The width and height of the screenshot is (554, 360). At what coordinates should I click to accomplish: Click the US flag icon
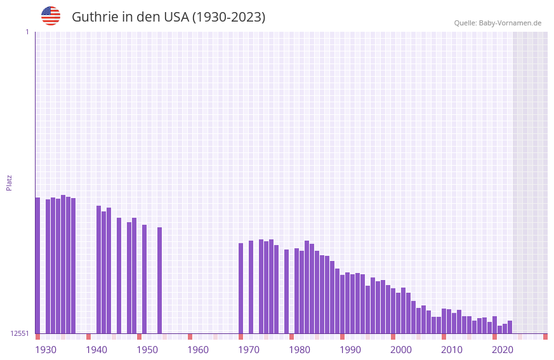point(51,16)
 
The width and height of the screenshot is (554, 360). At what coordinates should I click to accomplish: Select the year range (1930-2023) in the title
point(228,17)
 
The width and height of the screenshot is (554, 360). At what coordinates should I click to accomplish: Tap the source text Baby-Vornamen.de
point(510,23)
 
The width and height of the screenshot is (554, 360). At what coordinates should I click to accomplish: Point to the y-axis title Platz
point(9,182)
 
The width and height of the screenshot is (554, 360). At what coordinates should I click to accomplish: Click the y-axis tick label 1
point(27,32)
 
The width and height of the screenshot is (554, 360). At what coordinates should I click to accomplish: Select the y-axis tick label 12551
point(20,333)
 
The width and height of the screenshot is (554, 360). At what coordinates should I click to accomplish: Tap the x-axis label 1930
point(46,350)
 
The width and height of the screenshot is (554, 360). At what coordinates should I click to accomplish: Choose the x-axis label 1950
point(147,350)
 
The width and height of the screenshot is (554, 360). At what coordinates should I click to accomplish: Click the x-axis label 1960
point(198,350)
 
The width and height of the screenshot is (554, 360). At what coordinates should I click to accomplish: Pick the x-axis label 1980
point(300,350)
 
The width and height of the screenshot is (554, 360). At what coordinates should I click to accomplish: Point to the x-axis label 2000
point(401,350)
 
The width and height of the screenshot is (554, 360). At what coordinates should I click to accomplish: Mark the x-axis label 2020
point(503,350)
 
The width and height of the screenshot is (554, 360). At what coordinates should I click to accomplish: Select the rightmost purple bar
point(510,327)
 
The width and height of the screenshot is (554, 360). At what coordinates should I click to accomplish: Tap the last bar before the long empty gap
point(159,280)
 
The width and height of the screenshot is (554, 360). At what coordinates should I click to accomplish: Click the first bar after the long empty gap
point(241,288)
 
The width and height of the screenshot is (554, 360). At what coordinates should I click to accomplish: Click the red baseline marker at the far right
point(545,337)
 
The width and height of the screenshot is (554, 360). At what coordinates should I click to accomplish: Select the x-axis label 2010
point(452,350)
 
